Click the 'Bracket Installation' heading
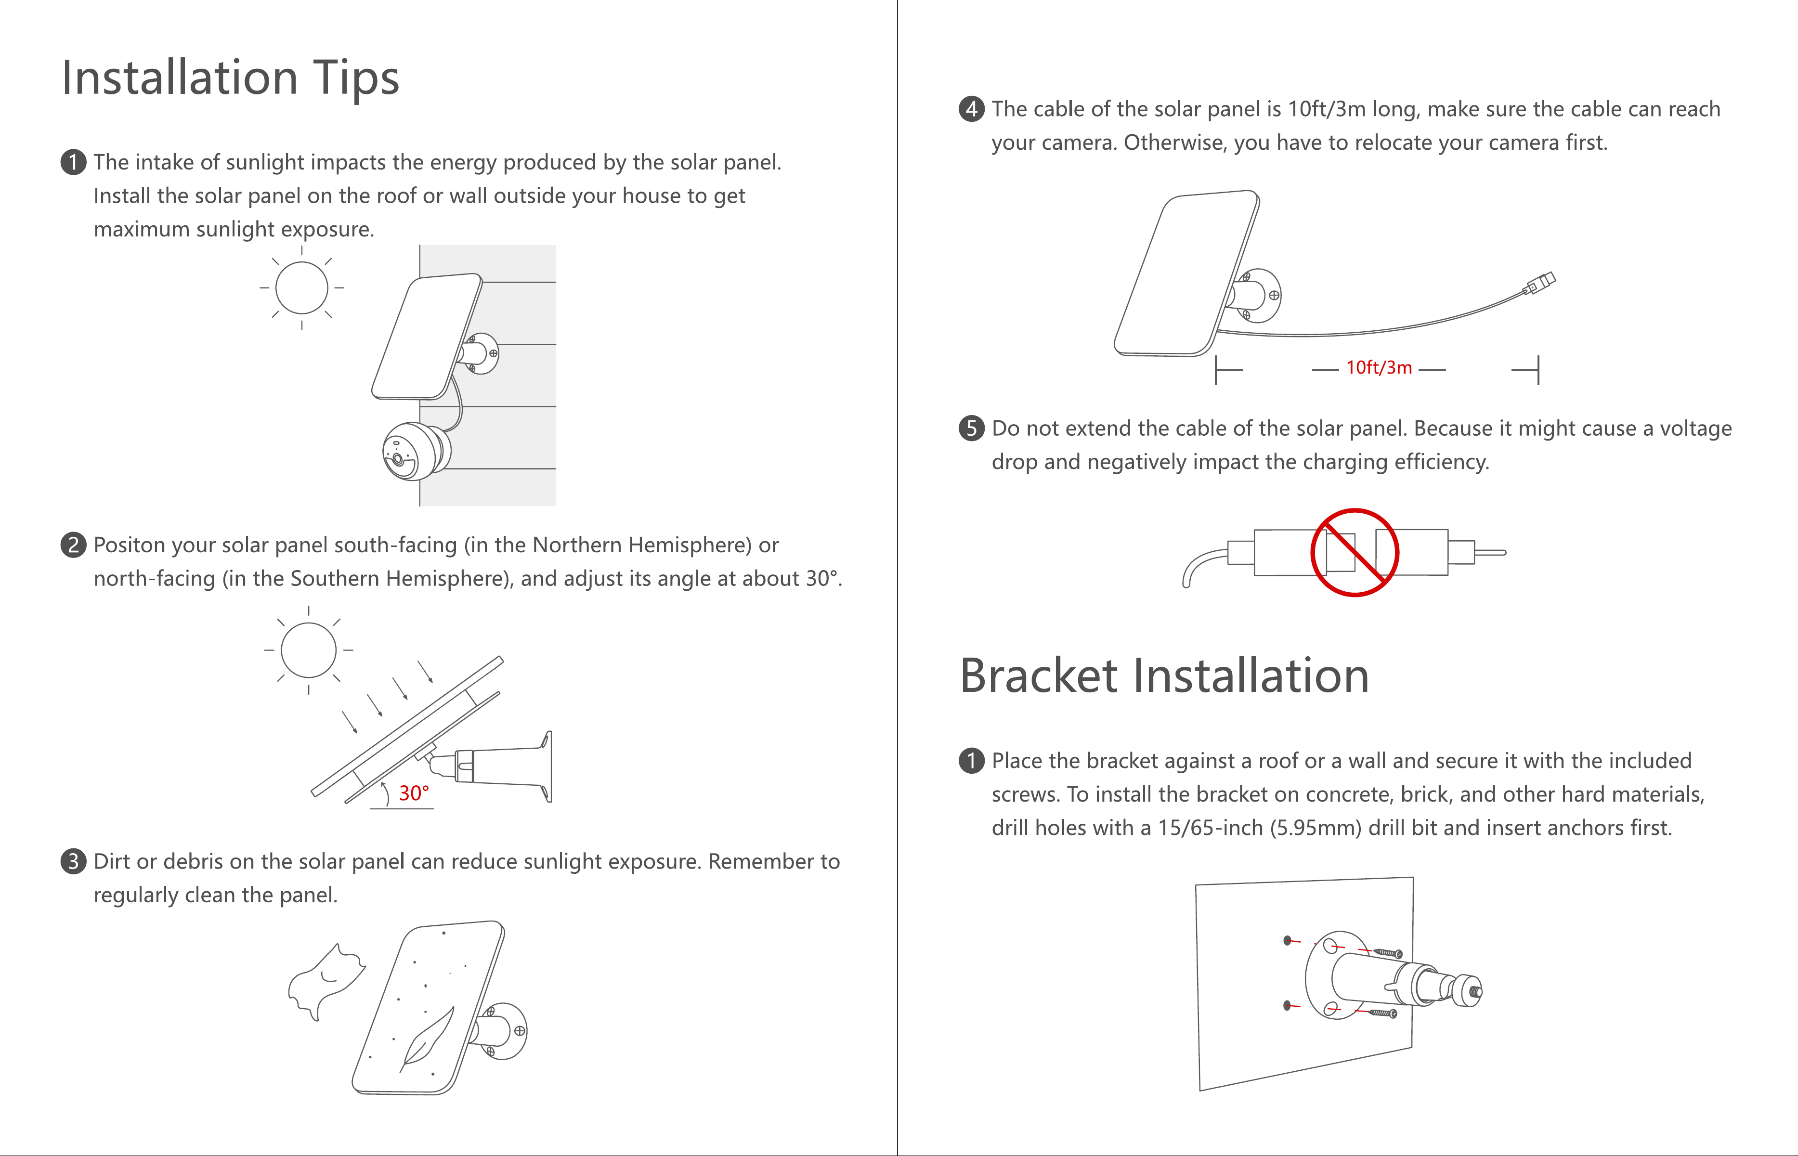1164,675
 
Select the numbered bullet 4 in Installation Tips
971,109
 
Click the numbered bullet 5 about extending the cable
971,428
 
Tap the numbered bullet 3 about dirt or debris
73,861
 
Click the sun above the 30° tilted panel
309,650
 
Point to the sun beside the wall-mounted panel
302,287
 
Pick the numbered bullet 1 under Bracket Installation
971,760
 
